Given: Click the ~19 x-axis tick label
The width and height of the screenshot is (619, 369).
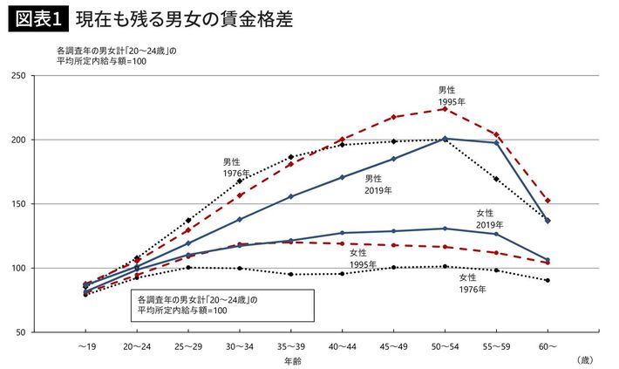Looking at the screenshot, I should coord(85,346).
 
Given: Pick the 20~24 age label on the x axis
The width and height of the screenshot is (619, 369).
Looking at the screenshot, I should coord(136,346).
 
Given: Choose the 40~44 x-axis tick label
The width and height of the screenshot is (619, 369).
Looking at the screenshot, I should coord(342,346).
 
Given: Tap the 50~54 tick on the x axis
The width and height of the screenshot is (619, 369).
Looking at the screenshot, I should coord(445,346).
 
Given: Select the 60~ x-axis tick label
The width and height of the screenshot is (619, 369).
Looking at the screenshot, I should coord(547,346).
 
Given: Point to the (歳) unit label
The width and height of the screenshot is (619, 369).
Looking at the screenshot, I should coord(583,359).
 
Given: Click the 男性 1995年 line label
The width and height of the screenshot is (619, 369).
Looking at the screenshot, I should coord(447,95).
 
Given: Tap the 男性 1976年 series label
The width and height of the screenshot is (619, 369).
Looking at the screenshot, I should coord(232,167).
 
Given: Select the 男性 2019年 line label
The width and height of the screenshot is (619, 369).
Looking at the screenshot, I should coord(378,183).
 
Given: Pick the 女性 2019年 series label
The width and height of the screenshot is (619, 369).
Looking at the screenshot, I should coord(489,219).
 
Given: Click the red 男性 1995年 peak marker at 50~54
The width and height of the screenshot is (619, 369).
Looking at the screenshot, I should coord(445,109).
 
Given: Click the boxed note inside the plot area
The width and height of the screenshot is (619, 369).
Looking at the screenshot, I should coord(223,304).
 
